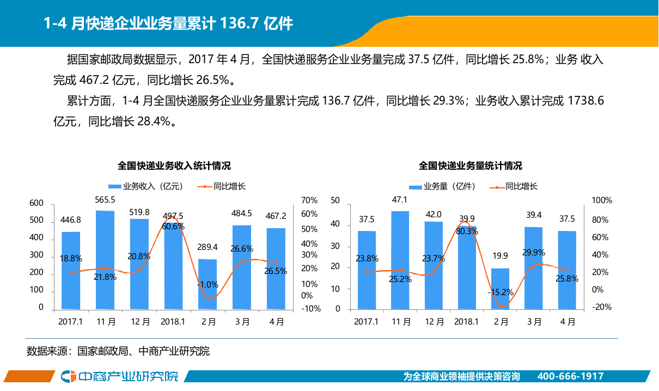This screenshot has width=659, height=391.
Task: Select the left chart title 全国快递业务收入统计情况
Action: [x=174, y=166]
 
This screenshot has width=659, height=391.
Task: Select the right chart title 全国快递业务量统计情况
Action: [x=470, y=166]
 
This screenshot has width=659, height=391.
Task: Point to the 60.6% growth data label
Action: [x=173, y=227]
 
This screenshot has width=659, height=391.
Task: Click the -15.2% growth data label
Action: [x=500, y=292]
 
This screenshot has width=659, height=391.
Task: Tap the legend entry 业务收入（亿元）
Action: [x=145, y=186]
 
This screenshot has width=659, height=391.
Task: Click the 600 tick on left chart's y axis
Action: [x=36, y=203]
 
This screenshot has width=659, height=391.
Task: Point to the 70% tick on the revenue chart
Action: [x=309, y=200]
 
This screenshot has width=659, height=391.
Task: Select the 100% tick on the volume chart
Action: [x=602, y=200]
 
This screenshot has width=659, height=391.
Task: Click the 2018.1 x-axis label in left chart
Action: [x=174, y=322]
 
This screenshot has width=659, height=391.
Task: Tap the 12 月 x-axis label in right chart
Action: [x=434, y=322]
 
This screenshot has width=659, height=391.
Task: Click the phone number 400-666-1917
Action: [x=570, y=377]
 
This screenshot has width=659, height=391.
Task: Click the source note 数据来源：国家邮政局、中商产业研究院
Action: [x=118, y=351]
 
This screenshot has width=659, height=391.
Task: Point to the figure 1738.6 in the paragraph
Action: [x=585, y=101]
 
